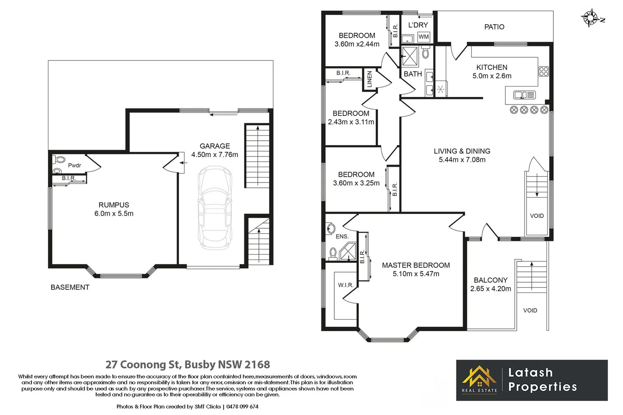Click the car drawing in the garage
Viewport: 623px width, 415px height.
(215, 207)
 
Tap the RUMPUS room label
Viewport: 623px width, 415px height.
(114, 205)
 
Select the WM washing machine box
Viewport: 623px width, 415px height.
(423, 37)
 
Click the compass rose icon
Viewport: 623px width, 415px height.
(590, 18)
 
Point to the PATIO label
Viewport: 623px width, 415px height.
(494, 27)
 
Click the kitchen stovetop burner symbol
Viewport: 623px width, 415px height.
(543, 71)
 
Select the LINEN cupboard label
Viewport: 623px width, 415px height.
(370, 79)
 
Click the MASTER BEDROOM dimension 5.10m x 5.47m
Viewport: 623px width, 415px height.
(416, 274)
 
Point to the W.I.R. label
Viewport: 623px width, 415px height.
(345, 285)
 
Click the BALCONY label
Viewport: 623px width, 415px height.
(490, 280)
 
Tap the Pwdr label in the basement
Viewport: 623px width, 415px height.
(75, 165)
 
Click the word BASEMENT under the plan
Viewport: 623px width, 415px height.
(70, 287)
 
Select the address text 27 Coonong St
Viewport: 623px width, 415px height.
(142, 364)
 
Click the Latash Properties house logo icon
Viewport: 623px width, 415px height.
(479, 377)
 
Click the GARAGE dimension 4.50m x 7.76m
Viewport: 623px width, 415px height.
(215, 155)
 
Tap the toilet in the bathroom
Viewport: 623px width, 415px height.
(425, 53)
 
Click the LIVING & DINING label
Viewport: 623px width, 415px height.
(462, 151)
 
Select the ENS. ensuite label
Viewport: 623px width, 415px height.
(342, 236)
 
